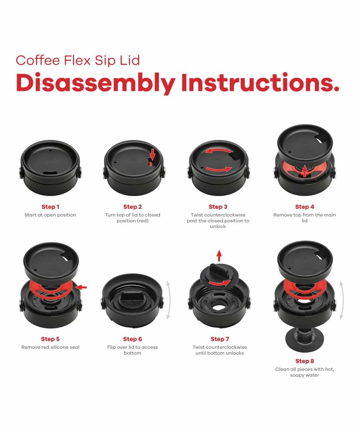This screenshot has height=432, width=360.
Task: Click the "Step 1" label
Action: (x=50, y=207)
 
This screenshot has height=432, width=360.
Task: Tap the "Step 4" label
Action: (x=305, y=207)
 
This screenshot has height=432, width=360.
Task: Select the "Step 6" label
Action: (x=132, y=339)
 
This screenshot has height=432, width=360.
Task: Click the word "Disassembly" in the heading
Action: (x=95, y=83)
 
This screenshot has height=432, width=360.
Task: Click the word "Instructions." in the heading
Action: (x=260, y=82)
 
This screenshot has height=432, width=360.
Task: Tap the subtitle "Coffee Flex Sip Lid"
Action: (x=78, y=60)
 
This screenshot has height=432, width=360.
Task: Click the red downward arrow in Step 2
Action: (x=153, y=154)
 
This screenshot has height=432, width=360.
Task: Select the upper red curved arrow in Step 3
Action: (x=218, y=150)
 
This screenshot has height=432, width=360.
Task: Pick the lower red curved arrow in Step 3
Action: (x=219, y=170)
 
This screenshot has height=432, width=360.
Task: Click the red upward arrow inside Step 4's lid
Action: (x=304, y=171)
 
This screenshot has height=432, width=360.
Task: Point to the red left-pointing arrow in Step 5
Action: (x=81, y=287)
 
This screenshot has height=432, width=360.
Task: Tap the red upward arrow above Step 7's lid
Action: (x=219, y=256)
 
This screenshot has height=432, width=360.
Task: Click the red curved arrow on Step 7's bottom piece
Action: (x=220, y=283)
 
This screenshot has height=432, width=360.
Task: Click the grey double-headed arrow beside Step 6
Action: (x=168, y=300)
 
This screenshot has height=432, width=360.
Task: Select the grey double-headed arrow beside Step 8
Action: (x=341, y=300)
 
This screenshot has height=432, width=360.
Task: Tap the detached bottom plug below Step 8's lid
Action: (x=304, y=338)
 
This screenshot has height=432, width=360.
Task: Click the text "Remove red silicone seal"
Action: (x=50, y=347)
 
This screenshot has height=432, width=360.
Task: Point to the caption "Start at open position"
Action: (x=50, y=215)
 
